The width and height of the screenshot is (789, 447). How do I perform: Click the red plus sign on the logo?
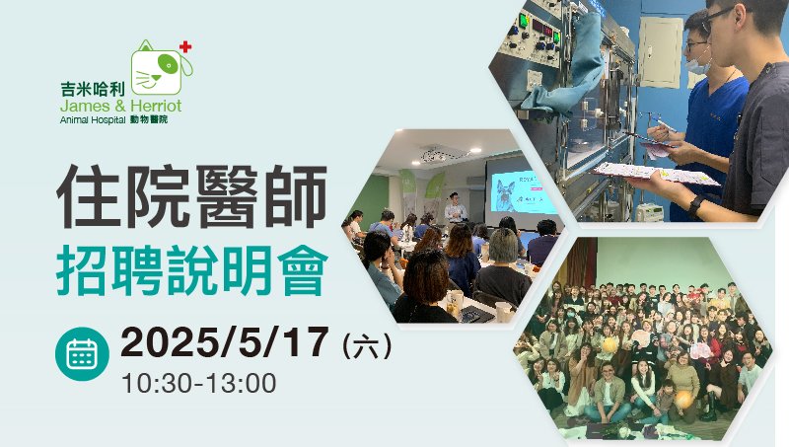point(185,46)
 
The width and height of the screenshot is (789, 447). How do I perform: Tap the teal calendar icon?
point(82,353)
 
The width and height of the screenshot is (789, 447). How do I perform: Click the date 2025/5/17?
point(225,342)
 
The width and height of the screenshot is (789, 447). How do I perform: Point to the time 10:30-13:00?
point(199,384)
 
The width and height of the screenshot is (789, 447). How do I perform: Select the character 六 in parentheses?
point(366,346)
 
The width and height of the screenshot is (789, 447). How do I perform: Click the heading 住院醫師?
point(192,196)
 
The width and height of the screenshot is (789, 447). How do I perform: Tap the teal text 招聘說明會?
point(192,269)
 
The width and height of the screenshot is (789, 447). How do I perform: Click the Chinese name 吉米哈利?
point(93,89)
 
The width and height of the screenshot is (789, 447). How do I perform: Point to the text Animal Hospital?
point(93,120)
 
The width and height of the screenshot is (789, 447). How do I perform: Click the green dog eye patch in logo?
point(167,63)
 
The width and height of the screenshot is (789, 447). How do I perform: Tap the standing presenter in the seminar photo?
point(455,207)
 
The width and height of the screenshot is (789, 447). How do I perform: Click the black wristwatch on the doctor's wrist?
point(696,206)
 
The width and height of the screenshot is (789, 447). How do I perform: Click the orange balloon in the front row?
point(683,400)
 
